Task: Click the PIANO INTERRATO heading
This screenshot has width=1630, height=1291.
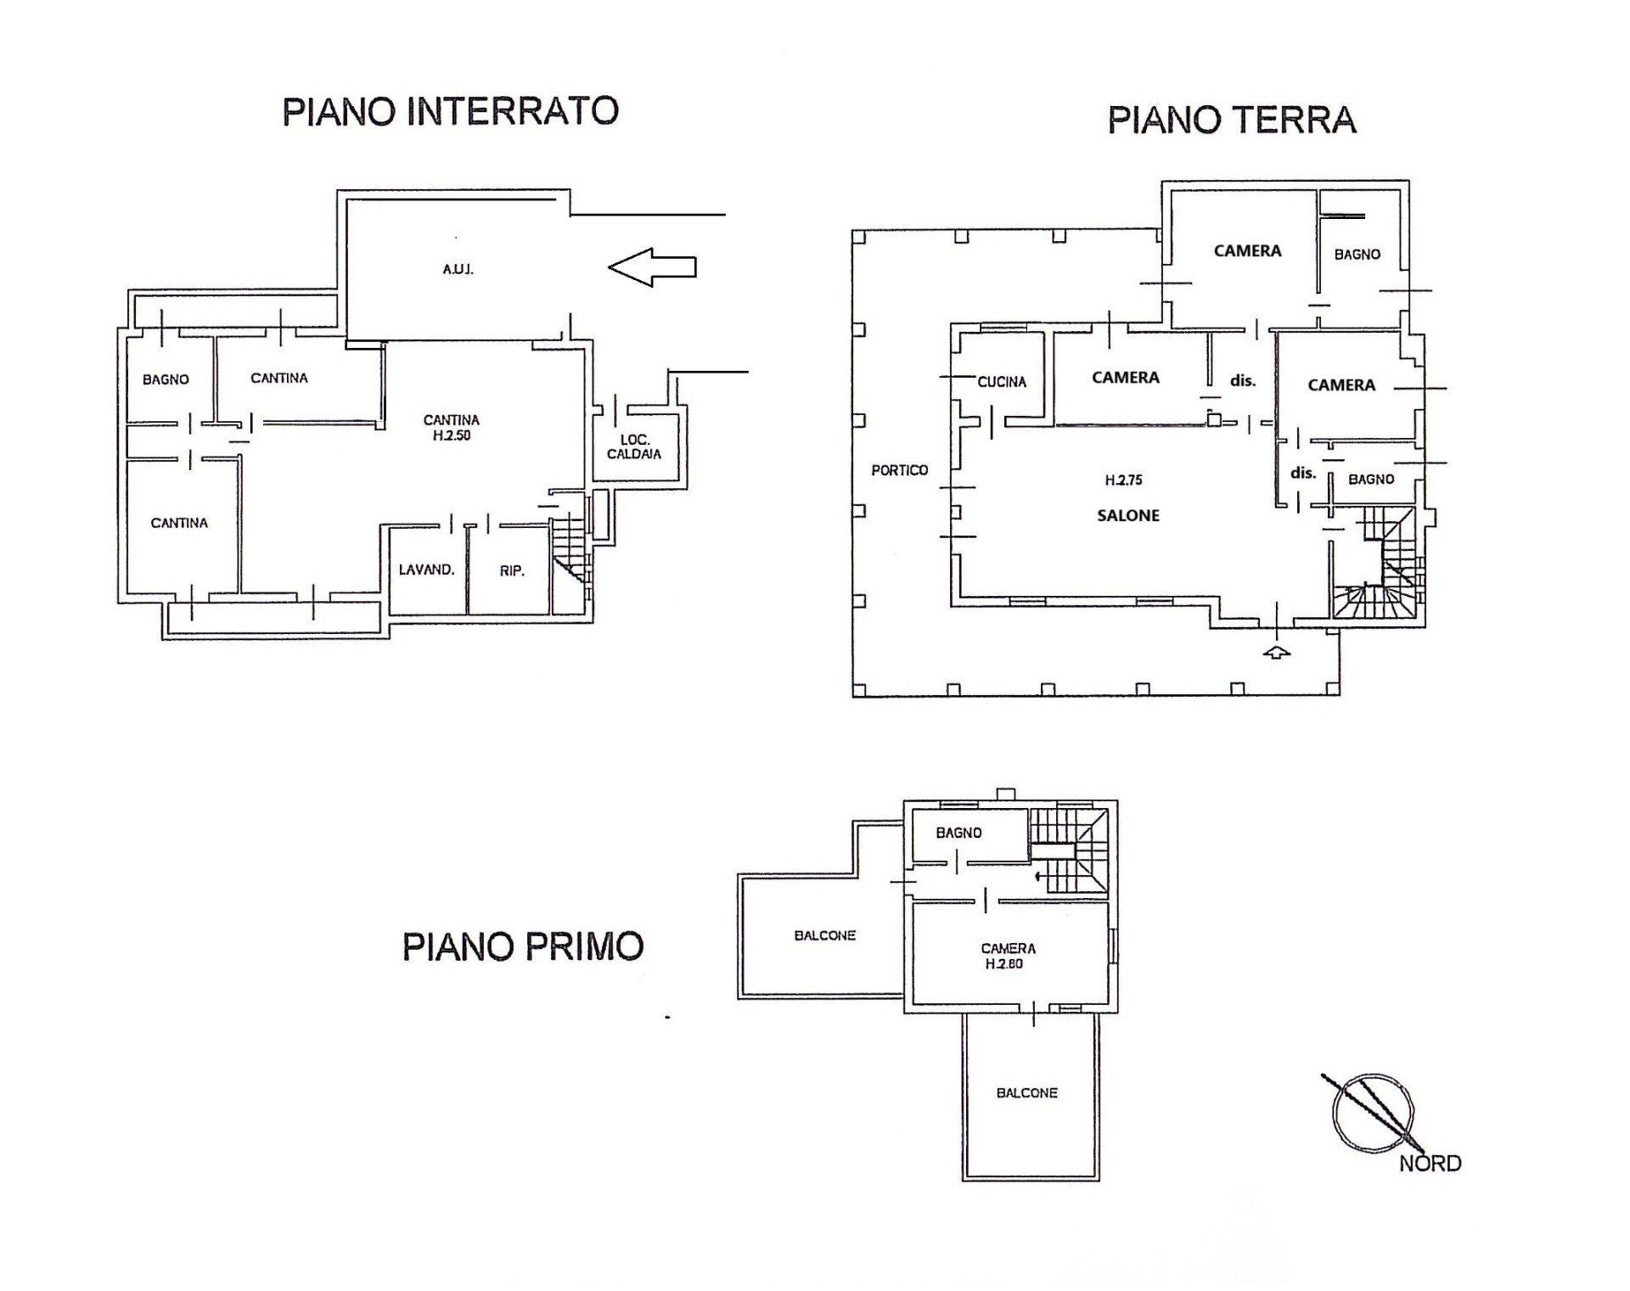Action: point(450,111)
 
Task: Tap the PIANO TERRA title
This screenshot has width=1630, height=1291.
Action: point(1232,120)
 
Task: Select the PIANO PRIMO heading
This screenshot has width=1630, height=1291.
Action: point(523,946)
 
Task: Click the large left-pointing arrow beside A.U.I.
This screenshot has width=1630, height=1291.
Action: point(652,267)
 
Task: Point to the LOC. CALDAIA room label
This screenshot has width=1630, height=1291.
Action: point(634,446)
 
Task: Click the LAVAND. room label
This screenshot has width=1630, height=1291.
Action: point(426,570)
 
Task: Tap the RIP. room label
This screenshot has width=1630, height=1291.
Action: point(512,571)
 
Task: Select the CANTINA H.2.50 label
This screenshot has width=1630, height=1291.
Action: point(452,428)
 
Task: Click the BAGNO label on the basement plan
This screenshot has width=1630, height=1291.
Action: point(166,379)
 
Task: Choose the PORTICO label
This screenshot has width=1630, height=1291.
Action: point(900,469)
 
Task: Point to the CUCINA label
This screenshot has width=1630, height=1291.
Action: point(1002,382)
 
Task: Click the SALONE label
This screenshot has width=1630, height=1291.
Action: point(1128,515)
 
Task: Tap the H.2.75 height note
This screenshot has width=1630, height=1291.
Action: point(1123,480)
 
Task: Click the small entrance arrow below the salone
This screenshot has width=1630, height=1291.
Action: point(1277,652)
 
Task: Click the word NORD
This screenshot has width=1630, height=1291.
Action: point(1430,1164)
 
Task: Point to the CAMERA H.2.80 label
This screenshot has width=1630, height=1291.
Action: point(1008,957)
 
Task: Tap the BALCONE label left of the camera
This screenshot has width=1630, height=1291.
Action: point(825,935)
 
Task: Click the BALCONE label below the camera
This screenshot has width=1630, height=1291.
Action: point(1026,1093)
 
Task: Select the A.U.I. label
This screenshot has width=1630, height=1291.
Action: point(458,270)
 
